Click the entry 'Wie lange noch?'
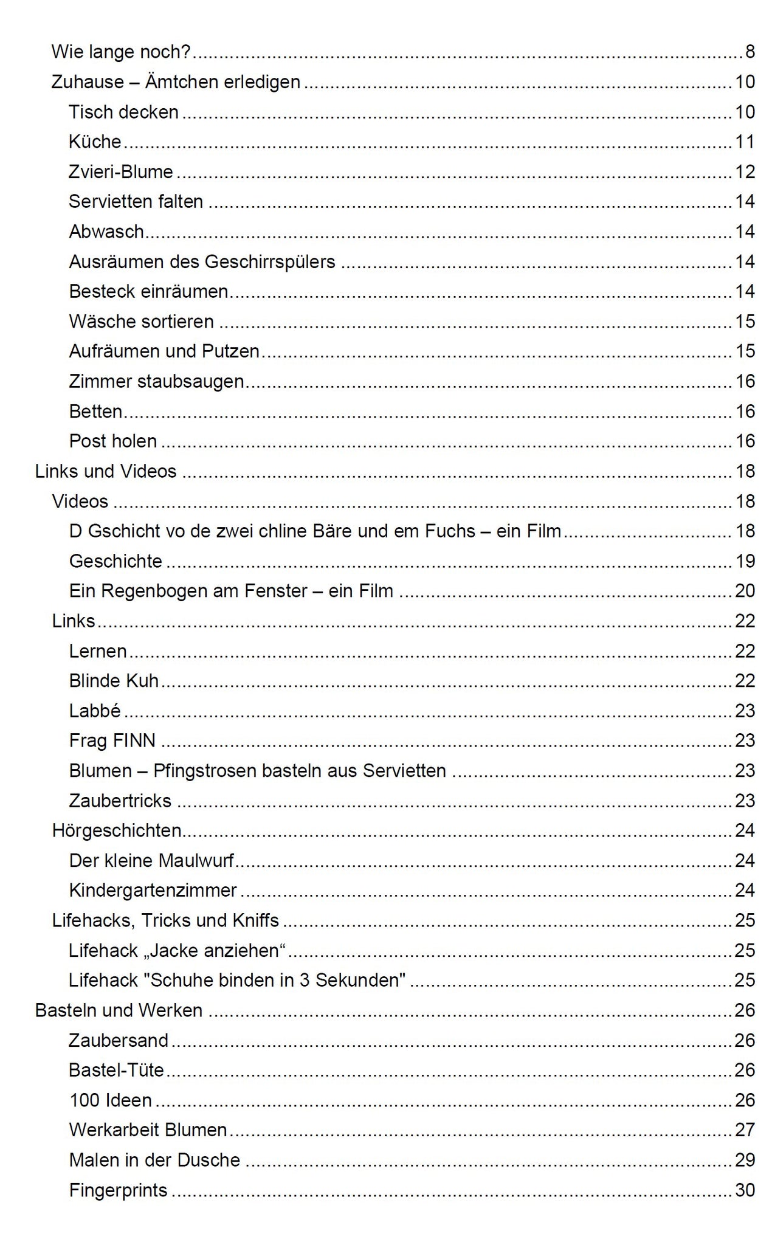pyautogui.click(x=121, y=52)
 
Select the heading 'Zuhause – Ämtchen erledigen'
pyautogui.click(x=176, y=82)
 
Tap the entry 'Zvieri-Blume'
pyautogui.click(x=121, y=172)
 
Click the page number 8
pyautogui.click(x=750, y=52)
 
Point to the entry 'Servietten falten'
pyautogui.click(x=136, y=202)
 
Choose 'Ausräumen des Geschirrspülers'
pyautogui.click(x=202, y=262)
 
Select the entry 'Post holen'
pyautogui.click(x=113, y=441)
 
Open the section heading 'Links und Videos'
pyautogui.click(x=106, y=472)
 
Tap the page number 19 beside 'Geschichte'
pyautogui.click(x=745, y=561)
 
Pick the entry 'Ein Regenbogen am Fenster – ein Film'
pyautogui.click(x=231, y=591)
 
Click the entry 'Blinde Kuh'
pyautogui.click(x=114, y=681)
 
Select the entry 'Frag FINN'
pyautogui.click(x=112, y=741)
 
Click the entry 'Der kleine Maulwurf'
pyautogui.click(x=151, y=861)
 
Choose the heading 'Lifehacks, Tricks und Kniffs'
pyautogui.click(x=165, y=920)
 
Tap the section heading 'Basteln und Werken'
pyautogui.click(x=119, y=1010)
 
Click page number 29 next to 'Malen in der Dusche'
pyautogui.click(x=745, y=1160)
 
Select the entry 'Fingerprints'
pyautogui.click(x=118, y=1190)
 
